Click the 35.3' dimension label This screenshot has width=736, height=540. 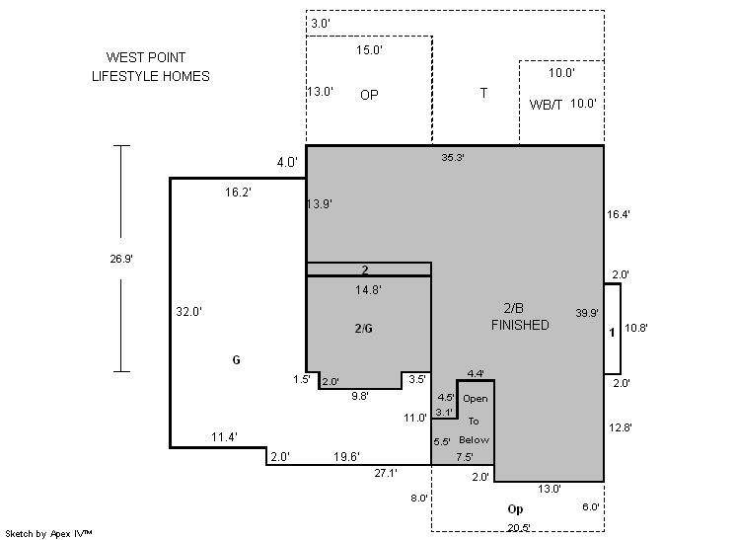(x=453, y=157)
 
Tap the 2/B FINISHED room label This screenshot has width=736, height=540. (x=520, y=317)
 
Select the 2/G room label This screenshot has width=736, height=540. (x=363, y=329)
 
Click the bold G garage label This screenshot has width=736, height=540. (x=236, y=360)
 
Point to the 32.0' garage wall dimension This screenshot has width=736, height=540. (x=189, y=311)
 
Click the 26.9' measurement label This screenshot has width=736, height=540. (x=121, y=259)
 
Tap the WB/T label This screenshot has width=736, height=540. (x=546, y=105)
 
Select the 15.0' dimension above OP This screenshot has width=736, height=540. (x=369, y=49)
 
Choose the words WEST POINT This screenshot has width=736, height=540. (x=146, y=58)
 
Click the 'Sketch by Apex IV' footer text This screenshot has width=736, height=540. (x=49, y=533)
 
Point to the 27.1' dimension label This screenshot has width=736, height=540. (x=387, y=474)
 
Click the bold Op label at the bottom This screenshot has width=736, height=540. (x=515, y=509)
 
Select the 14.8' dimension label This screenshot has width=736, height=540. (x=368, y=290)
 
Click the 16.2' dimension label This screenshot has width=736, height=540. (x=239, y=193)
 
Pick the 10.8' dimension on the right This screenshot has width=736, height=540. (x=637, y=328)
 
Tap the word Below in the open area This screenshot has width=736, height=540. (x=475, y=440)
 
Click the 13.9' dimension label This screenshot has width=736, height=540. (x=320, y=204)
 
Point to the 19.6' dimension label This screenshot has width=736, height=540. (x=347, y=456)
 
